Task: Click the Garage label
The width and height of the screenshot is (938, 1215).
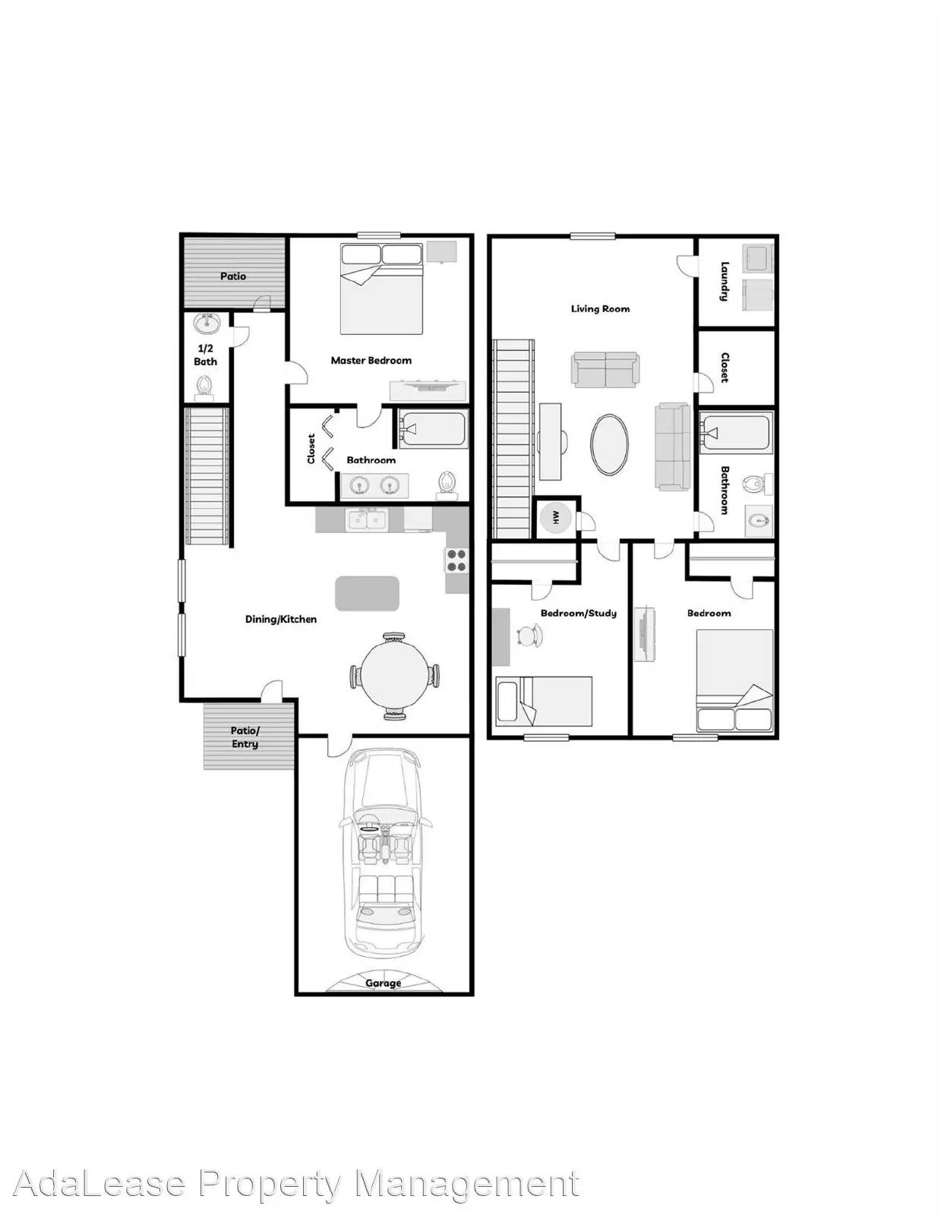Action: pos(383,983)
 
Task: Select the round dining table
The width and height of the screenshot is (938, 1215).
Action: pos(394,676)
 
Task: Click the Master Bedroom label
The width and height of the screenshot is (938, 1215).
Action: pos(371,361)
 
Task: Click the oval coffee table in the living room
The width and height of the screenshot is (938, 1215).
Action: pos(609,444)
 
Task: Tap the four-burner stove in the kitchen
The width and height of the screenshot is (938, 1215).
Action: pos(456,561)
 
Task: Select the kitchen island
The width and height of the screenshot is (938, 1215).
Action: pos(367,594)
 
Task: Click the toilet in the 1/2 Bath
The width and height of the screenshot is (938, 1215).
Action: pos(204,388)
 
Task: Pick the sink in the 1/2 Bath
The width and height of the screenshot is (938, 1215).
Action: pos(207,323)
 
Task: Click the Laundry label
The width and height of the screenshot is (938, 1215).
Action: pos(725,282)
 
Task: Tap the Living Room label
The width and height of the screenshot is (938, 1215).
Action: pos(600,308)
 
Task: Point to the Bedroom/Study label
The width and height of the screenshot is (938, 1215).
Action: pos(579,614)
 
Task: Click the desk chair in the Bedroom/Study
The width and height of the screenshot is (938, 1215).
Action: pos(530,636)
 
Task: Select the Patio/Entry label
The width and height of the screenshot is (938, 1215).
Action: pos(245,737)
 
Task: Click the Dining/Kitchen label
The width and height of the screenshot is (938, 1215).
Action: pos(280,619)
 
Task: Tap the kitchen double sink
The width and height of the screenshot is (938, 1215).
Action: pos(367,520)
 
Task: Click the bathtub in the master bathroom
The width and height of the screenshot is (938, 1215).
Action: pos(433,429)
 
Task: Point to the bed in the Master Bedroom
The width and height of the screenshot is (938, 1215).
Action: pos(382,289)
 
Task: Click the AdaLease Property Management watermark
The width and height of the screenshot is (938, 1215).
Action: pos(296,1167)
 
